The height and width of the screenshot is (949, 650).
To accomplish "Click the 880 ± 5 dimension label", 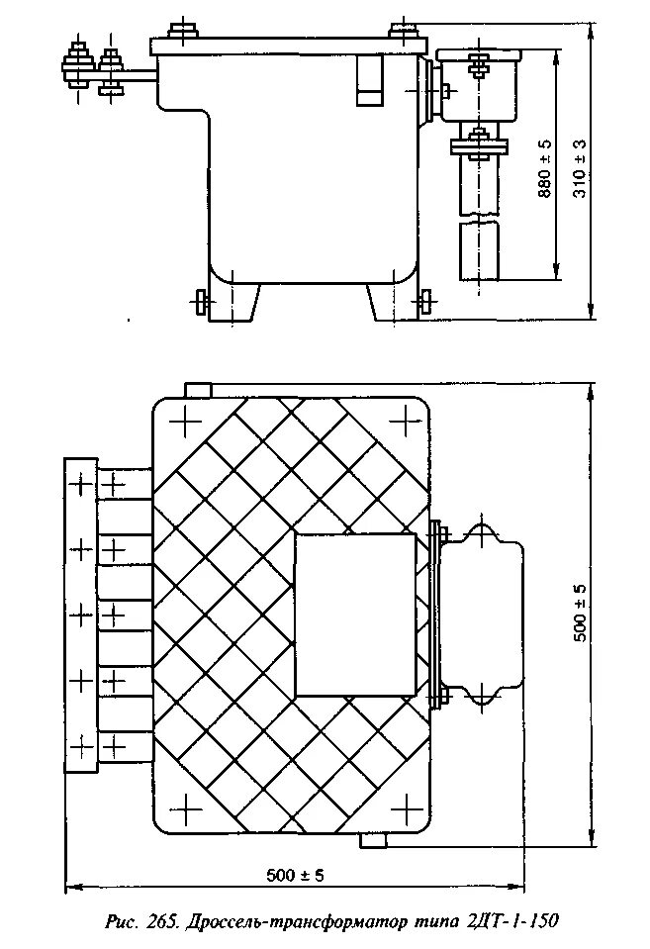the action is pos(544,169).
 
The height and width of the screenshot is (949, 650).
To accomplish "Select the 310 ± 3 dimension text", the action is pos(580,169).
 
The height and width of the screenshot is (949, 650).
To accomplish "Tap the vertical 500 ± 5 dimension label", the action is pos(581,614).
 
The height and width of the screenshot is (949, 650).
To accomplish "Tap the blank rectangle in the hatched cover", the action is pos(355,614).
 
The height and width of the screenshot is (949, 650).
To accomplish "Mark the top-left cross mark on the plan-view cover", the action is pos(185,423).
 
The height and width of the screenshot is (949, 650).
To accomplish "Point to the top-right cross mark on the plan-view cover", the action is pos(401,423).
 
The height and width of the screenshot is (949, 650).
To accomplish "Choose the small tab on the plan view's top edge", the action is pos(198,390).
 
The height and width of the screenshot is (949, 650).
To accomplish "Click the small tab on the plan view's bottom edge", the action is pos(372,840).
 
